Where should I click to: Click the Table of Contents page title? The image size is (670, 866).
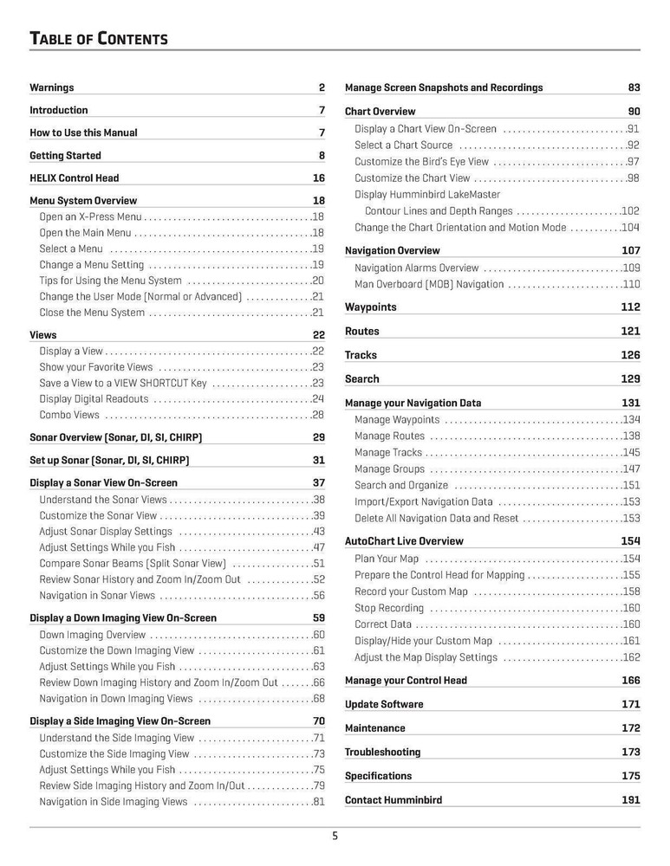click(x=98, y=39)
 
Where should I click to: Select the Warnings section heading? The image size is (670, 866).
click(x=52, y=87)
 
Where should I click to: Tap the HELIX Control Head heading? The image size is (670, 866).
click(x=74, y=178)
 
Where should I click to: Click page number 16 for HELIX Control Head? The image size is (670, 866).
click(x=318, y=178)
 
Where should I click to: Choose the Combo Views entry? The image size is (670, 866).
click(x=69, y=415)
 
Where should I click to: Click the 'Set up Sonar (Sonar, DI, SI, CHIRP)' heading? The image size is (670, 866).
click(x=109, y=460)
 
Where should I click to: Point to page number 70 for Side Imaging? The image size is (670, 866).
click(x=318, y=721)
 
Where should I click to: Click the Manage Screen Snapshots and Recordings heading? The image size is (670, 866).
click(x=444, y=87)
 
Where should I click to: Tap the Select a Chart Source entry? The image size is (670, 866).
click(x=403, y=145)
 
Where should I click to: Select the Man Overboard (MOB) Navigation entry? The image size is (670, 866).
click(x=428, y=284)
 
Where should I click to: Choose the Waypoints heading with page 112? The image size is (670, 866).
click(x=371, y=307)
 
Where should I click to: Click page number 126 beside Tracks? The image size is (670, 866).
click(x=630, y=355)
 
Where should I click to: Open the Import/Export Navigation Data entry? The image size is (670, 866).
click(x=423, y=501)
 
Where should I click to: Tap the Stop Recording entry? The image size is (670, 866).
click(x=389, y=608)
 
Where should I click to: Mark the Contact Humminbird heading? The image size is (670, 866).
click(x=393, y=800)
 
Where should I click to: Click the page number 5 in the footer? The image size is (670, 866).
click(x=335, y=837)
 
